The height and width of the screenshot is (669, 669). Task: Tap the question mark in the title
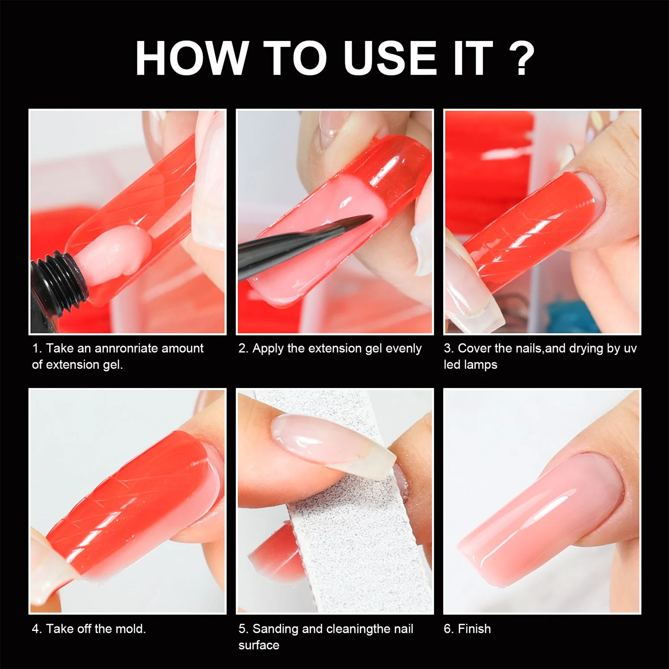tap(520, 58)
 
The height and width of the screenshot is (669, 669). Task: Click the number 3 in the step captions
tap(447, 348)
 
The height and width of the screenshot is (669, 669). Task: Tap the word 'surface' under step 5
tap(259, 645)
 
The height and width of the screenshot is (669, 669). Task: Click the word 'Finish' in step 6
tap(474, 629)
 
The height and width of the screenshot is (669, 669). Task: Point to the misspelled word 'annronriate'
tap(127, 348)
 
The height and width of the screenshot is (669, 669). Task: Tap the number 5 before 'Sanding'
tap(242, 629)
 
